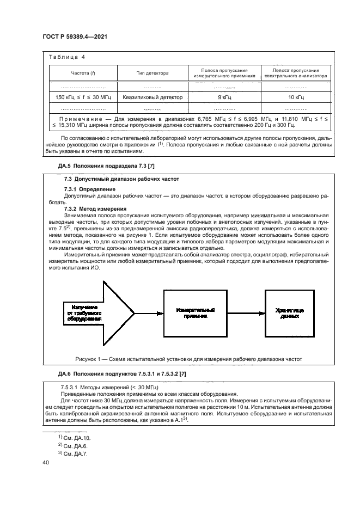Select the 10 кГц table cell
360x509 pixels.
296,97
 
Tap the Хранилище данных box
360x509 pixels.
289,312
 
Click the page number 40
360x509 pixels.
45,462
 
